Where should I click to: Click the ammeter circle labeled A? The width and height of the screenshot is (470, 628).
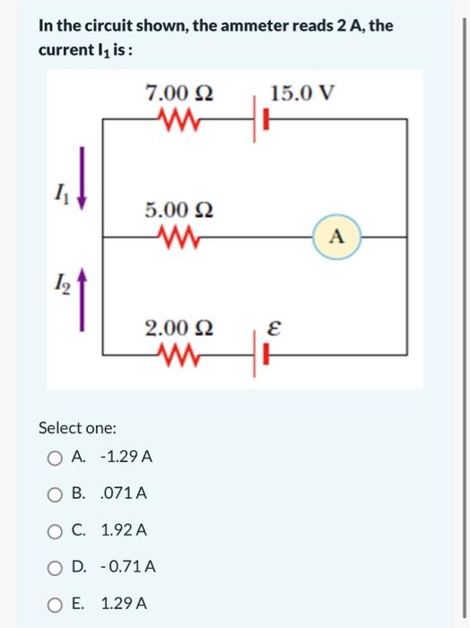(x=337, y=237)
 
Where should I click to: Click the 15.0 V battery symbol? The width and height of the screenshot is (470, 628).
(x=266, y=118)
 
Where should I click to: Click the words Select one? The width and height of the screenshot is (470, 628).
(x=77, y=428)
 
